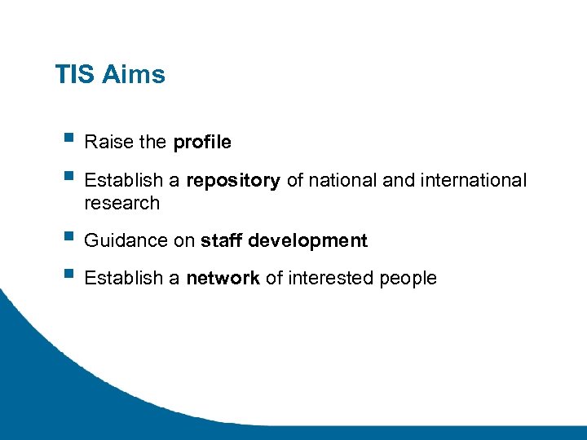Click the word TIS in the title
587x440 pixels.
click(75, 75)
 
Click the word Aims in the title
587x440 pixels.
click(134, 75)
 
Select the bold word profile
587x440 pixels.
click(202, 143)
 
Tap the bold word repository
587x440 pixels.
click(234, 181)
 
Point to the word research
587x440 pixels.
click(122, 203)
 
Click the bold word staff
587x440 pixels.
click(222, 241)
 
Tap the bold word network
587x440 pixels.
click(223, 279)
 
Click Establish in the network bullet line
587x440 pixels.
click(123, 279)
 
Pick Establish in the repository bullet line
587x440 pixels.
click(123, 180)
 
